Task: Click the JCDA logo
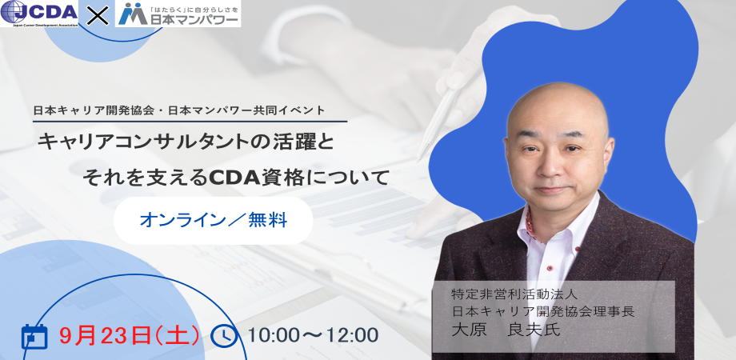pyautogui.click(x=40, y=14)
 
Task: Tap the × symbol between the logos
pyautogui.click(x=96, y=14)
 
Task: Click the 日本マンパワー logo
pyautogui.click(x=177, y=14)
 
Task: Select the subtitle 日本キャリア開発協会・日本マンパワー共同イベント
pyautogui.click(x=190, y=110)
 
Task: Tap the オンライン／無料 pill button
pyautogui.click(x=213, y=217)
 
